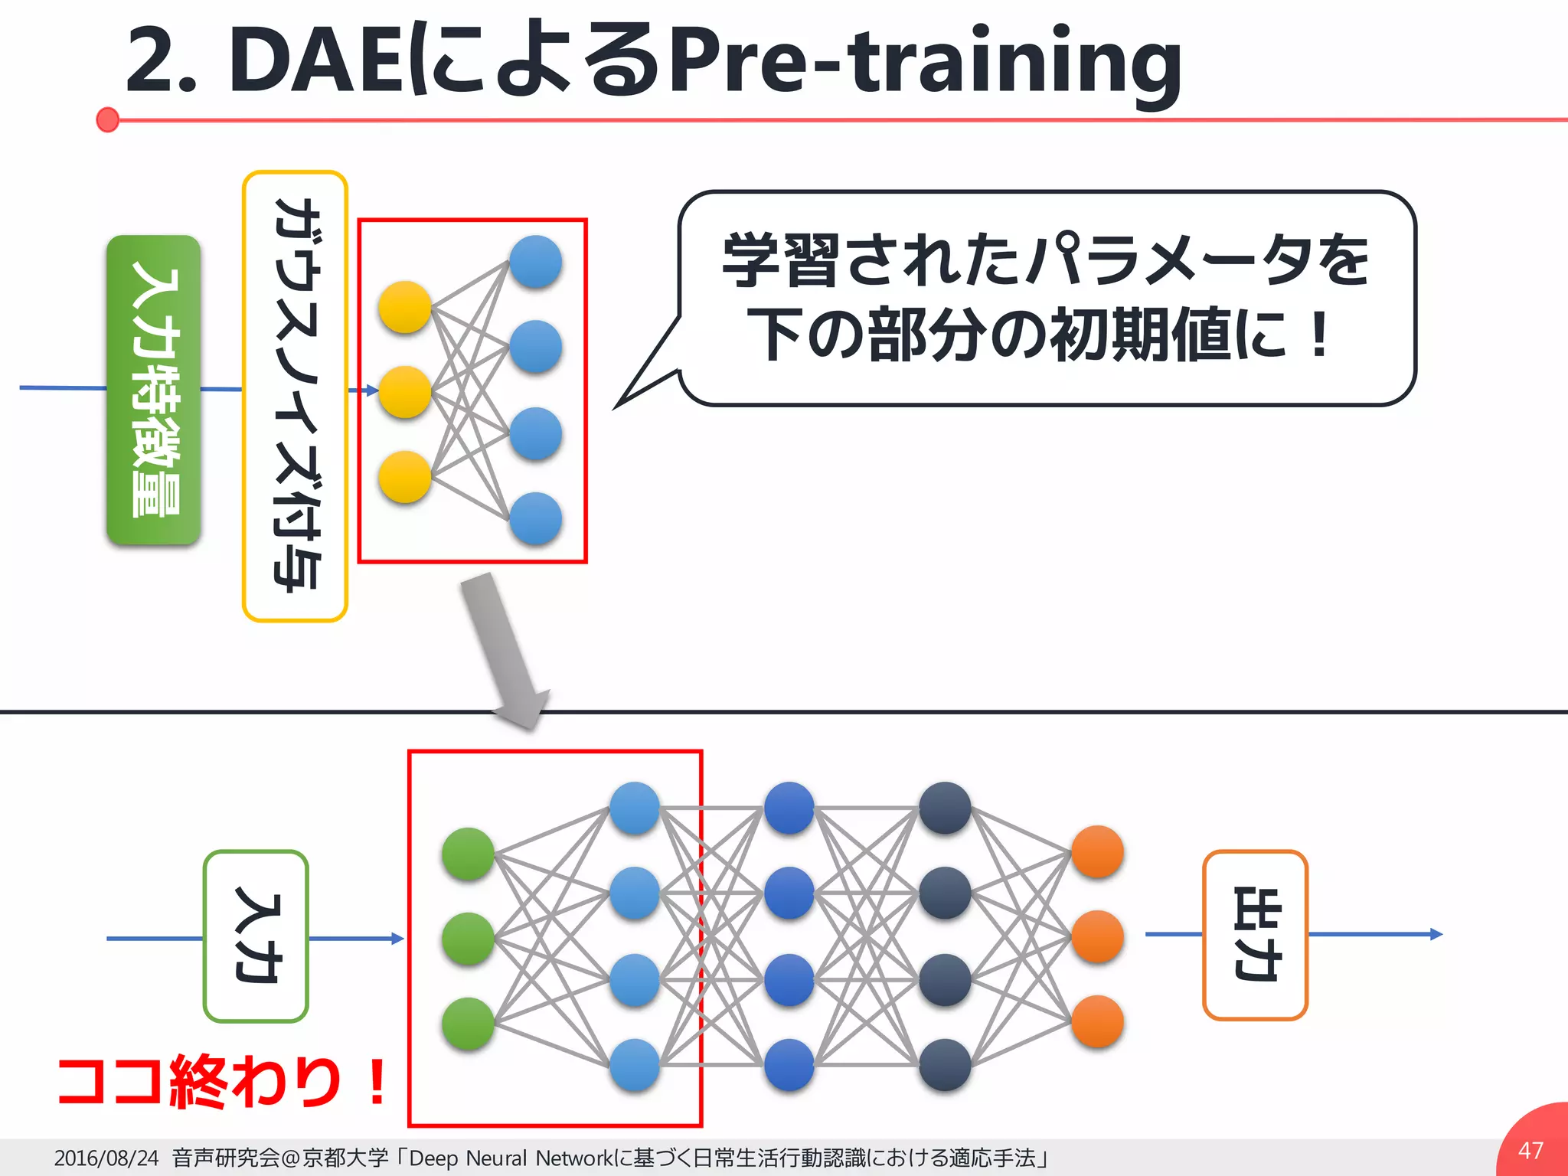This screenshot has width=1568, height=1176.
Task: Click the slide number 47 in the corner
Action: [x=1530, y=1150]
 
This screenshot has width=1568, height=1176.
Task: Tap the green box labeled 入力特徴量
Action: [x=154, y=390]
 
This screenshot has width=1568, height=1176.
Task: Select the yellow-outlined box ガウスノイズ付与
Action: [x=295, y=396]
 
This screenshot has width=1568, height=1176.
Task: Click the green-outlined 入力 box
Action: [x=256, y=936]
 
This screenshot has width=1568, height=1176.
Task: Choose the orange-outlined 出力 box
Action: [x=1255, y=934]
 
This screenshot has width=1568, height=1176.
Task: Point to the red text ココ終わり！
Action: [x=222, y=1081]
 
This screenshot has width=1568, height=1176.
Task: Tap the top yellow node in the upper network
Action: [x=405, y=307]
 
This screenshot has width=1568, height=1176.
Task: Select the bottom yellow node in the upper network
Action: [x=405, y=477]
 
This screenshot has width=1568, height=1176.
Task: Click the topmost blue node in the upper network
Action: [x=536, y=262]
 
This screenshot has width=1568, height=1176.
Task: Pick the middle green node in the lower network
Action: [x=468, y=939]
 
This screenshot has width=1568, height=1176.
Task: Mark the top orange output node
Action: [x=1097, y=851]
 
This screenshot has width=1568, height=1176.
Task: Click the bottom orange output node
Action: [x=1097, y=1021]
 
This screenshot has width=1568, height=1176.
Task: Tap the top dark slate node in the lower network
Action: [x=945, y=808]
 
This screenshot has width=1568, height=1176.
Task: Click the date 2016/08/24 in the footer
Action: [x=106, y=1158]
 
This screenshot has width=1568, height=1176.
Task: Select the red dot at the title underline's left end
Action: [x=108, y=119]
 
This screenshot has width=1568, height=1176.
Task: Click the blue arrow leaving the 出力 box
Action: [x=1375, y=934]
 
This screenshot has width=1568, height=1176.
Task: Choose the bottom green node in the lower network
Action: [x=468, y=1024]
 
